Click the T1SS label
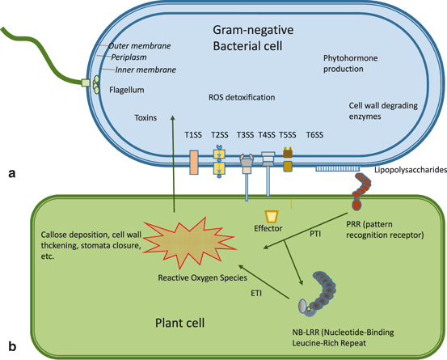(193, 133)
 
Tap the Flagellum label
(126, 91)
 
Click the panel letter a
(10, 172)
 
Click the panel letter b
(11, 348)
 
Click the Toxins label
(145, 116)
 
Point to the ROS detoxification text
(242, 97)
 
